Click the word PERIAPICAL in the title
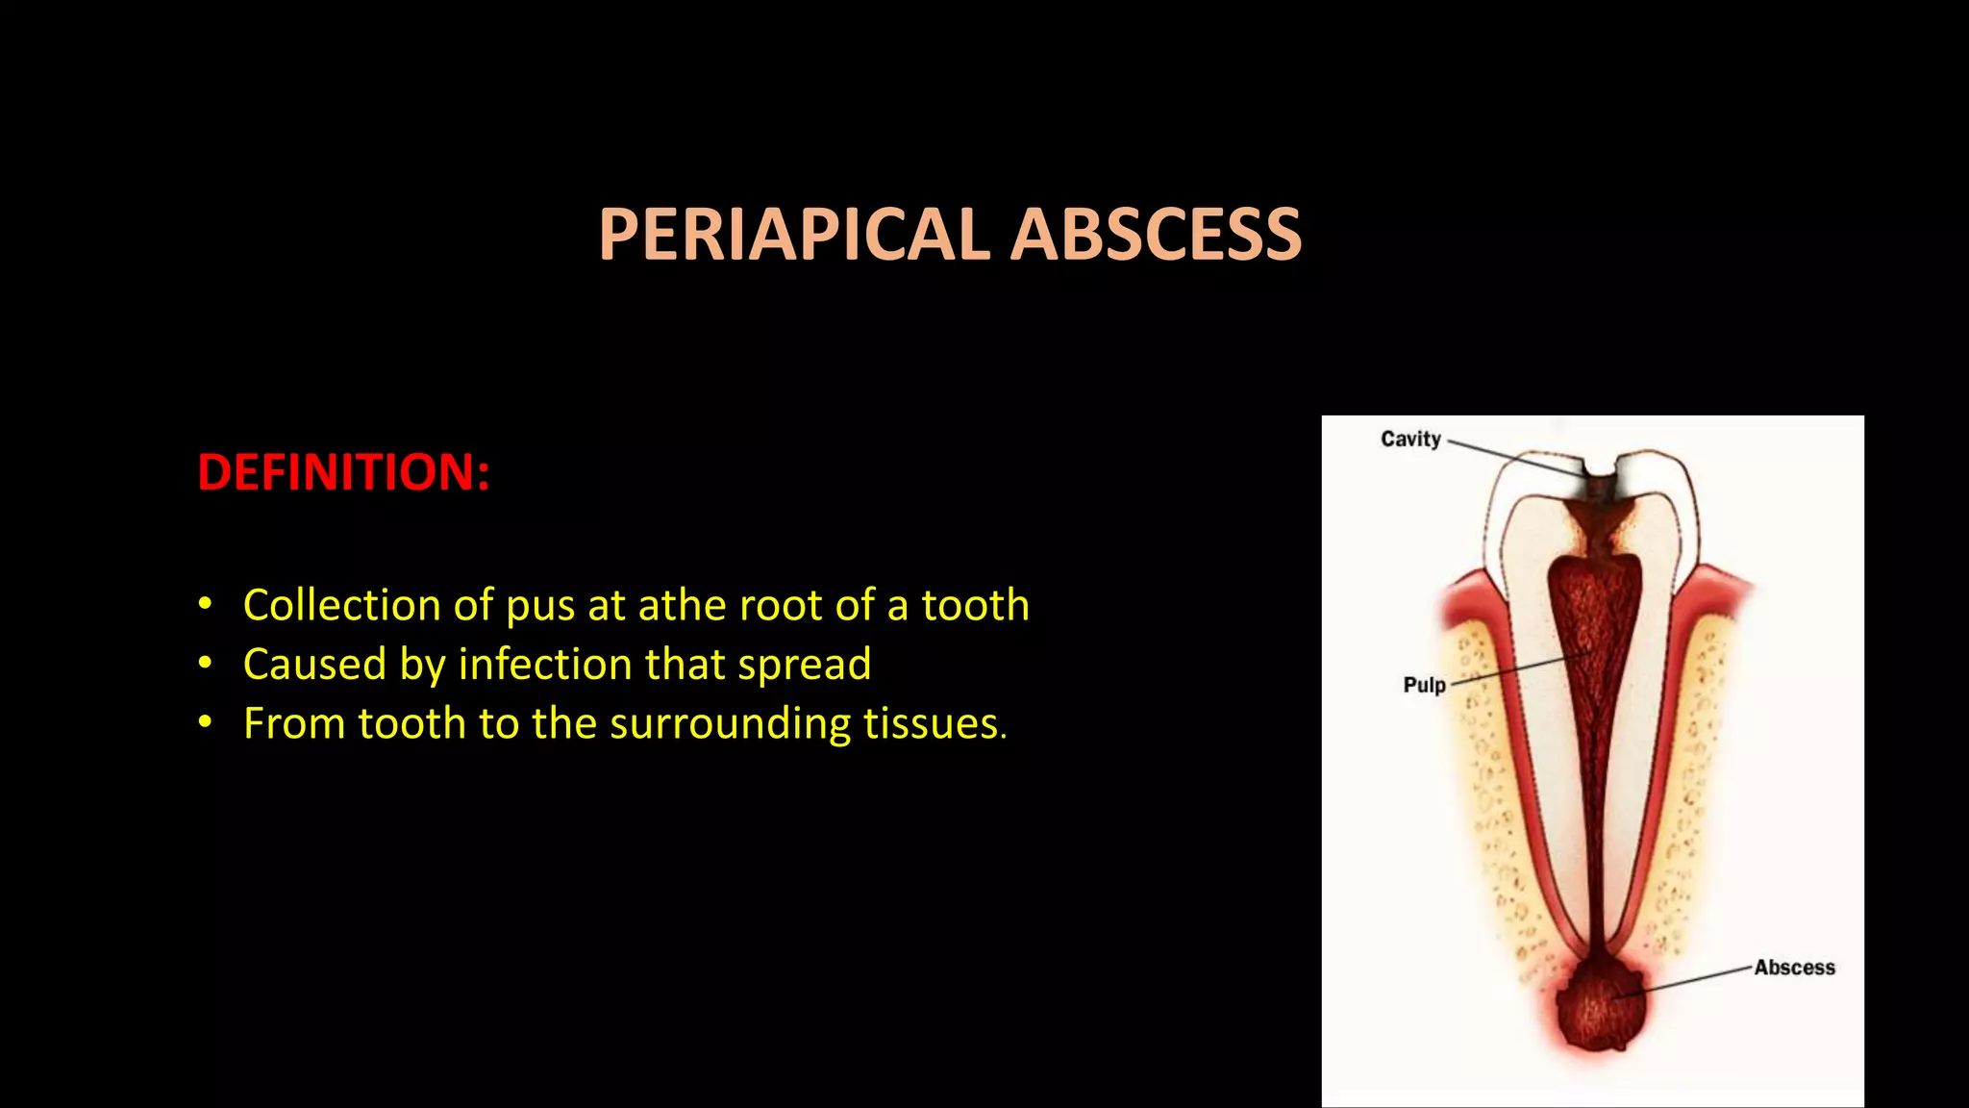(x=793, y=235)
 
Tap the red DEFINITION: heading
(x=343, y=472)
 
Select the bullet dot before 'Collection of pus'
(x=204, y=605)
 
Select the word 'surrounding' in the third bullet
(x=730, y=724)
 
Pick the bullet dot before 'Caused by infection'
(x=204, y=664)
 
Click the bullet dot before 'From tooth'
(x=204, y=723)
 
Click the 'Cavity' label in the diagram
(x=1410, y=440)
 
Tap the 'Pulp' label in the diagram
(x=1424, y=685)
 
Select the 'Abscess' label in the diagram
(x=1794, y=968)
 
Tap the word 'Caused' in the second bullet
(x=314, y=665)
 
